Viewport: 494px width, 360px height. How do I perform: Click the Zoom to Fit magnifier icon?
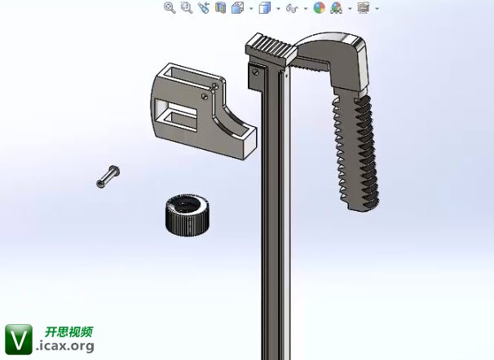coord(170,7)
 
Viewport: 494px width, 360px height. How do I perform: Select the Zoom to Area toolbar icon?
coord(187,7)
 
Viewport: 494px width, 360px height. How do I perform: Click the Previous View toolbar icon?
coord(204,7)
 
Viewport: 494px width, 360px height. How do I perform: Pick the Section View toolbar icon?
coord(221,7)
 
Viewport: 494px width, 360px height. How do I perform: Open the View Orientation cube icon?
coord(237,7)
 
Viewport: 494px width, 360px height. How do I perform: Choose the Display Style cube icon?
coord(265,7)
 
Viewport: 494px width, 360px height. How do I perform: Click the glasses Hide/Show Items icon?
coord(292,8)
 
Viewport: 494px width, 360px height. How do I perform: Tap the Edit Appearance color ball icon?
coord(320,7)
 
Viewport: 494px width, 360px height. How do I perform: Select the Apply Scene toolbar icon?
coord(337,7)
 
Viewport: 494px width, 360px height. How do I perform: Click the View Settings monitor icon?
coord(364,7)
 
